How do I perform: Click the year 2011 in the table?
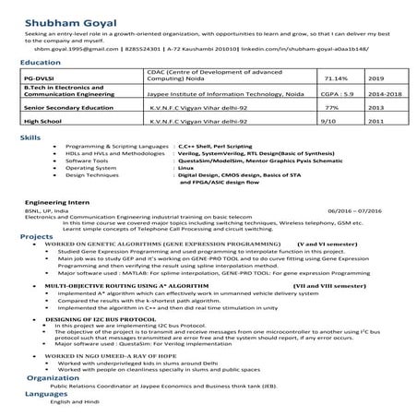tap(375, 119)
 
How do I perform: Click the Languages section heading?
tap(46, 393)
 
